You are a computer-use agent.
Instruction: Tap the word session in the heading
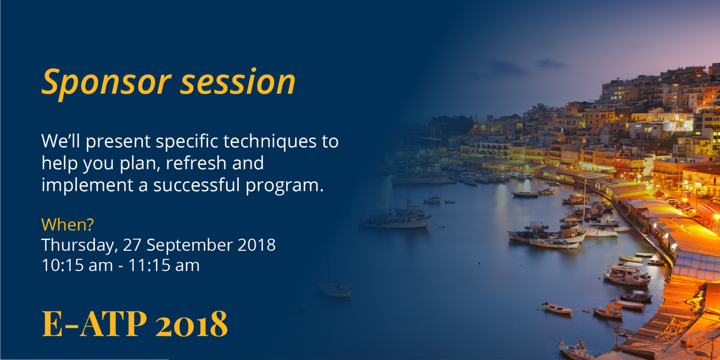pyautogui.click(x=239, y=82)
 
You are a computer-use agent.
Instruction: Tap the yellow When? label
pyautogui.click(x=68, y=225)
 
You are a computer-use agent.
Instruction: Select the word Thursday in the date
pyautogui.click(x=79, y=245)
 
